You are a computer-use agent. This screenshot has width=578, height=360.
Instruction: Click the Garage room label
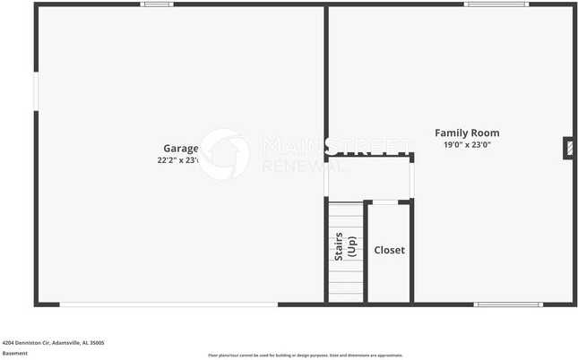coord(180,148)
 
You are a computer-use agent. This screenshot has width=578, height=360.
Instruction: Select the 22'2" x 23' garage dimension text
coord(179,160)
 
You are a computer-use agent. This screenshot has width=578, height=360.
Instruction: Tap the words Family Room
coord(467,133)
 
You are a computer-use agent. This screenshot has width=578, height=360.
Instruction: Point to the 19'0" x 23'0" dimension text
coord(467,144)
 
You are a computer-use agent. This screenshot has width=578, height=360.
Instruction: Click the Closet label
coord(389,250)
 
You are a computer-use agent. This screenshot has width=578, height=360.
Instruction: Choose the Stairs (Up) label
coord(346,248)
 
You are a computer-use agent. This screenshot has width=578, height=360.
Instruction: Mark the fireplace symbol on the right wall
coord(568,149)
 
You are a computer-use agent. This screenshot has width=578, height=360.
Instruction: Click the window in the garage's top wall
coord(157,4)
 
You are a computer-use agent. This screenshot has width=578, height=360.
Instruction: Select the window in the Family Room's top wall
coord(496,4)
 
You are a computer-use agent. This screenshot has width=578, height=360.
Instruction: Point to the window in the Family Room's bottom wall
coord(507,304)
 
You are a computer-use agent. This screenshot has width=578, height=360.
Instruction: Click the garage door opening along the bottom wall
coord(168,304)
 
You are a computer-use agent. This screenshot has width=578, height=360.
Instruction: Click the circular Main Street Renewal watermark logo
coord(224,154)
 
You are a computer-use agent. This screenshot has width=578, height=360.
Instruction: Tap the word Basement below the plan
coord(15,353)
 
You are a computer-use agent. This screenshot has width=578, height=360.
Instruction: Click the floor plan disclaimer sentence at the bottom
coord(305,355)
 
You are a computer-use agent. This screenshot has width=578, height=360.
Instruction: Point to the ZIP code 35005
coord(96,342)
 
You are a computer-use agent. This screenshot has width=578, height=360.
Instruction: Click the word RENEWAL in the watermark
coord(291,166)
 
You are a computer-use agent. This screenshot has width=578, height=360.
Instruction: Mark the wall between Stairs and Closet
coord(366,253)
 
